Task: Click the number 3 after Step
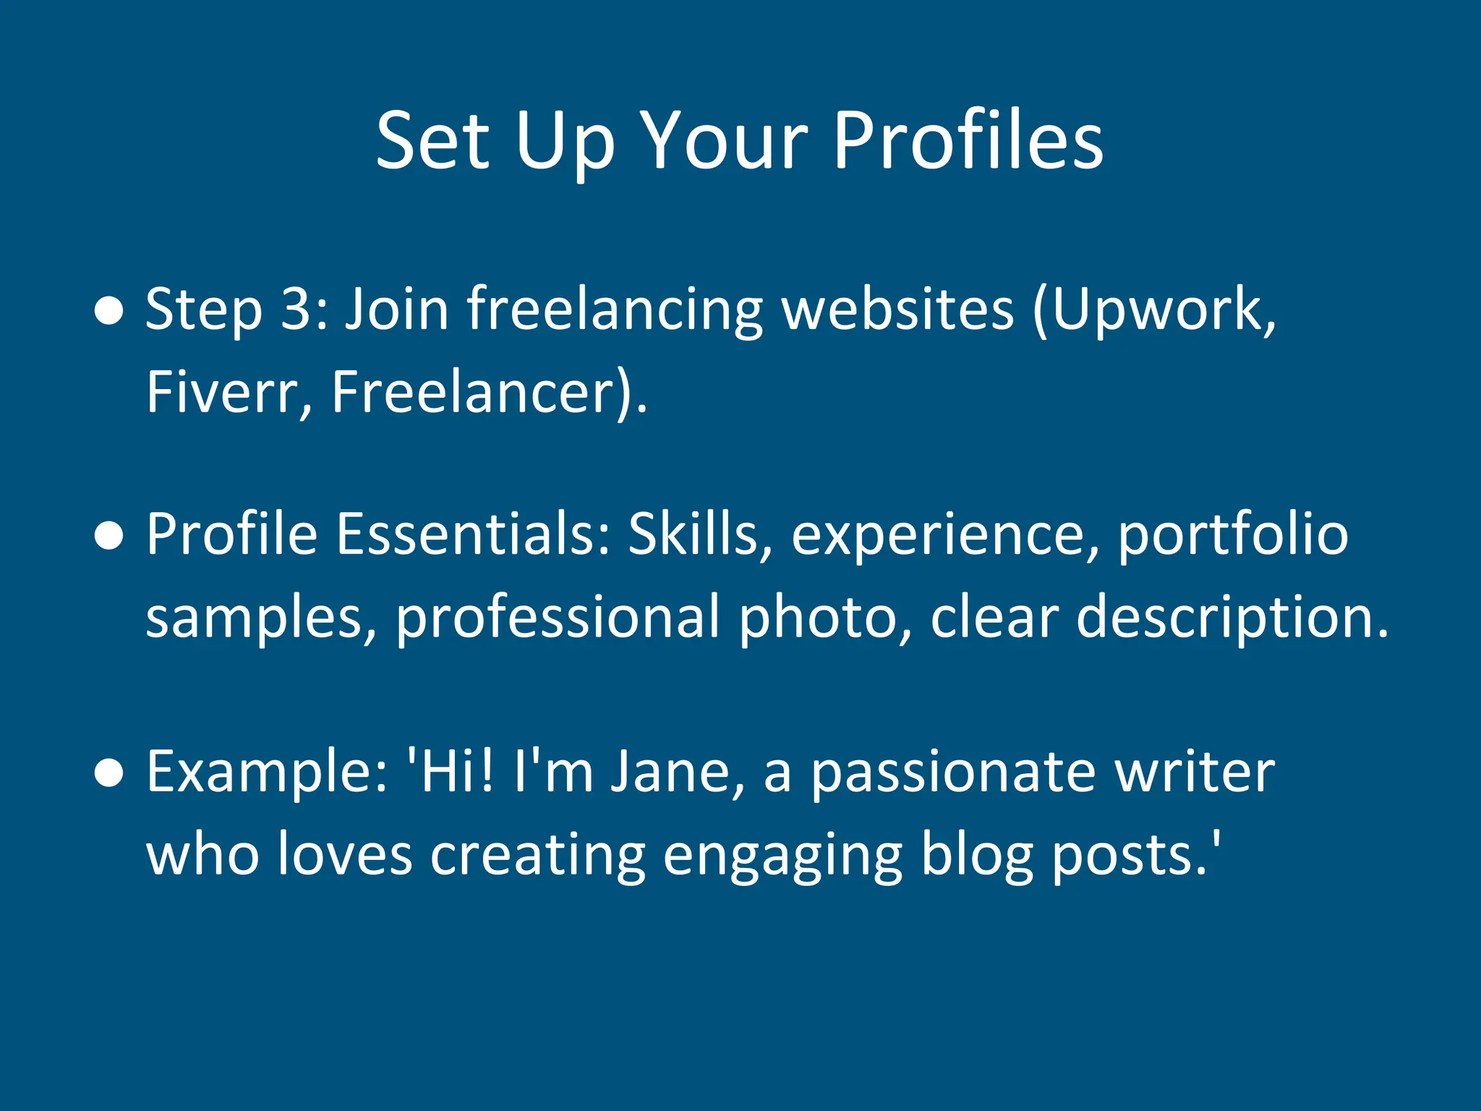[x=296, y=310]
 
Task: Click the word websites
[x=899, y=310]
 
